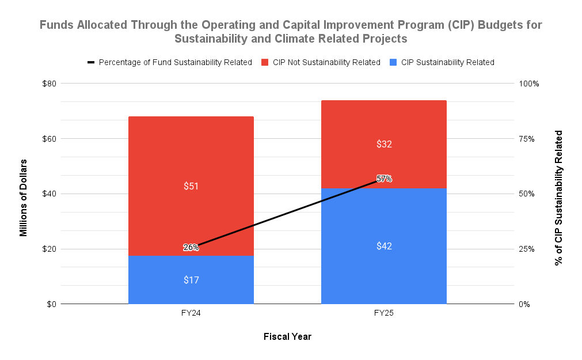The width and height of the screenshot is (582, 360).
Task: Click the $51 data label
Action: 191,186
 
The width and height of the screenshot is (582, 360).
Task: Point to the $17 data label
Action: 191,280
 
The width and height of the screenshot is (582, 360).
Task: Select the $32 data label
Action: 384,144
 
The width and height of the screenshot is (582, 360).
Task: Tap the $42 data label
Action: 384,246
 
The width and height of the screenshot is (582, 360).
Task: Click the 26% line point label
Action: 191,248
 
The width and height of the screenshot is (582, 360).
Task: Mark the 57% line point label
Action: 384,179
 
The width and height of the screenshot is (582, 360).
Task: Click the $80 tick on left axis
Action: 49,84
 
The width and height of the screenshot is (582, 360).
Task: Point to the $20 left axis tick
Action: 49,249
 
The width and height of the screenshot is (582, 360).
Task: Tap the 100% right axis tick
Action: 529,84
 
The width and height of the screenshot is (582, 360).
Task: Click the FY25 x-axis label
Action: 384,313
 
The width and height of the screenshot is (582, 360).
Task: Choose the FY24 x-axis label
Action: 191,313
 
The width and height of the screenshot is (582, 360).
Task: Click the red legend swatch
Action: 265,62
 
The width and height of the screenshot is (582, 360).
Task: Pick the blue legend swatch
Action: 393,62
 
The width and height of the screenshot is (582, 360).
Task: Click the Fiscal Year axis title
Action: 287,336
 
